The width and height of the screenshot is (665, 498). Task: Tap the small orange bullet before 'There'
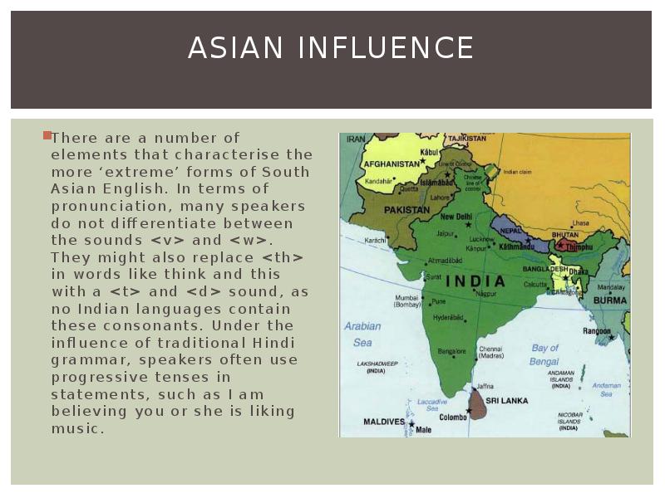click(47, 134)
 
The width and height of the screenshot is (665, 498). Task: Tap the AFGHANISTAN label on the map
click(392, 164)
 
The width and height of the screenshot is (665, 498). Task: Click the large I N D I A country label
click(476, 281)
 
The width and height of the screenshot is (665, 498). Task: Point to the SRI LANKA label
click(507, 401)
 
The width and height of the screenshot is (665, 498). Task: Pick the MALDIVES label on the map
click(384, 422)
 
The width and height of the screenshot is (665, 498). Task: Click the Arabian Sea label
click(362, 334)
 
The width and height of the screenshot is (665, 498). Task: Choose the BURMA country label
click(609, 300)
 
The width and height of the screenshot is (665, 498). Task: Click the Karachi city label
click(375, 240)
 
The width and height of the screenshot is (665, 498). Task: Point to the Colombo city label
click(453, 417)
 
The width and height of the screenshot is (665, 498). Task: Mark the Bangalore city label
click(451, 352)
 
